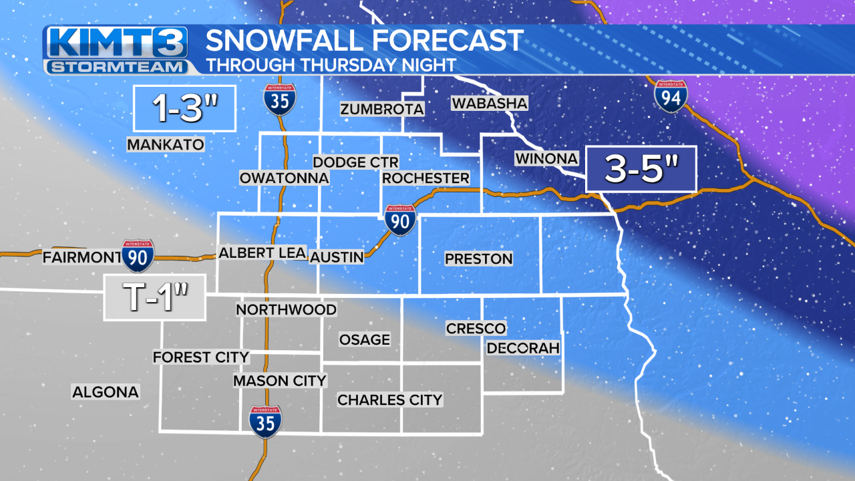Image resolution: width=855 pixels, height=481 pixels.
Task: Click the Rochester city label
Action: click(x=425, y=178)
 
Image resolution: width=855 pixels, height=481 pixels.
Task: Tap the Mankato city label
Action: click(x=165, y=144)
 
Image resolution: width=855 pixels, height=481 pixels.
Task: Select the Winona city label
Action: click(x=546, y=158)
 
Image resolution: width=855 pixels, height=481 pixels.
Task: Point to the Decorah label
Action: click(x=523, y=348)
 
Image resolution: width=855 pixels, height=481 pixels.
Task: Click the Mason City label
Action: click(x=279, y=381)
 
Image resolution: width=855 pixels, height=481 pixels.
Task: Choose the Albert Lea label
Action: click(x=263, y=253)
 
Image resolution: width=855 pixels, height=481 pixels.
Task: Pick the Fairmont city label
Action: click(x=81, y=257)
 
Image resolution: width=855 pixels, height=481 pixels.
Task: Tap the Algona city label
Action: click(x=106, y=392)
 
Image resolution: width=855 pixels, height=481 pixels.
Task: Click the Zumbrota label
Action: click(x=382, y=109)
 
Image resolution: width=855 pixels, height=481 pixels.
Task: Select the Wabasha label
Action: click(x=490, y=104)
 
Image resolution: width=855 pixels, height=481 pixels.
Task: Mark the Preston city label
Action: click(x=478, y=259)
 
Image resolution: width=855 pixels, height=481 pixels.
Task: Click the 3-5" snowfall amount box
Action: click(x=641, y=169)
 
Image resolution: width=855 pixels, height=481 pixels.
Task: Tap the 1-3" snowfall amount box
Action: click(x=184, y=108)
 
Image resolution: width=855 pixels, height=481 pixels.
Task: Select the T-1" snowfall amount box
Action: click(x=155, y=298)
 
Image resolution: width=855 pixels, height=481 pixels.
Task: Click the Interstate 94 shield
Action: click(x=671, y=96)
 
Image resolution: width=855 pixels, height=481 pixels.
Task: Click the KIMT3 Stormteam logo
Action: click(x=115, y=50)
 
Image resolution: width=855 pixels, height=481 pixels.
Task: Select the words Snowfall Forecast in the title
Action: click(x=364, y=41)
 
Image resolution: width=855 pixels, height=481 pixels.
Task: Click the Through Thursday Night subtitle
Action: click(x=331, y=65)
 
